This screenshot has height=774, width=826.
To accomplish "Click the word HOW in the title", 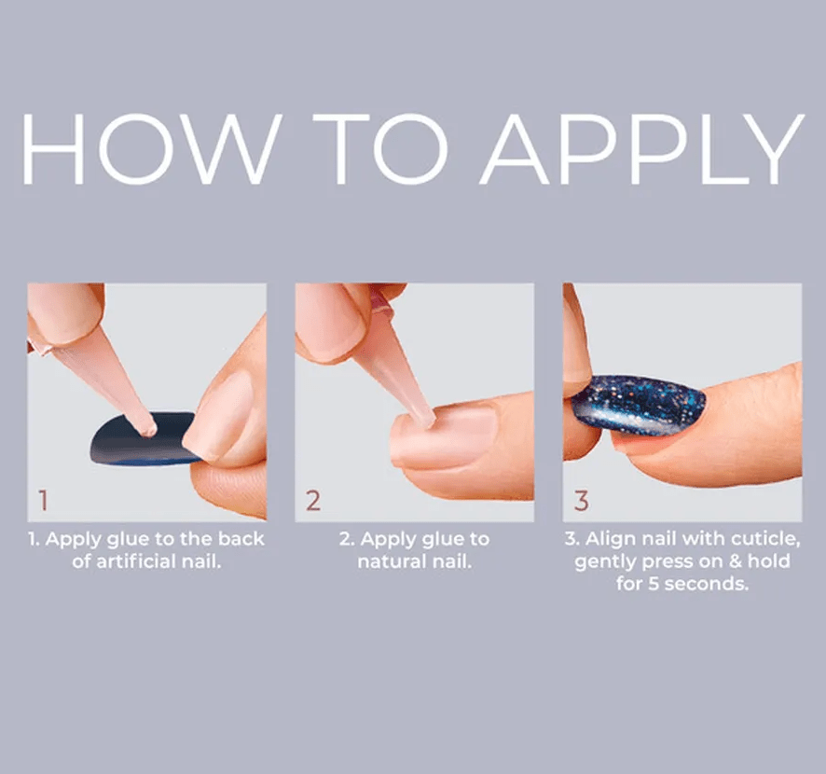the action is click(x=148, y=149).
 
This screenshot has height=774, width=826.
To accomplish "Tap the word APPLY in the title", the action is click(x=641, y=149).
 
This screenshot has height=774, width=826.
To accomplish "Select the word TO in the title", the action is click(x=379, y=149).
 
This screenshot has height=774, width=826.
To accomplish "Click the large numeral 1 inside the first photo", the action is click(x=43, y=500).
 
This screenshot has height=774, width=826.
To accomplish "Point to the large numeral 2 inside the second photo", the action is click(x=313, y=500).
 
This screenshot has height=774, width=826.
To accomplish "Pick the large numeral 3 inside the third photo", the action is click(x=581, y=501).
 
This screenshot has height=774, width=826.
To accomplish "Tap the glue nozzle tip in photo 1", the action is click(x=149, y=428).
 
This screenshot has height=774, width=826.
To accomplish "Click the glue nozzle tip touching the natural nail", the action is click(x=427, y=420).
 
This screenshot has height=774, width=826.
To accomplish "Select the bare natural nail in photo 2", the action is click(x=444, y=437).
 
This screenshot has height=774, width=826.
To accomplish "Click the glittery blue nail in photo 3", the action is click(x=639, y=405).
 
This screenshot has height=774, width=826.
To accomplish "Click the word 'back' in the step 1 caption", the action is click(x=241, y=538).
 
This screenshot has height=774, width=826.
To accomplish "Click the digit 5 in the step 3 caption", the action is click(x=654, y=584).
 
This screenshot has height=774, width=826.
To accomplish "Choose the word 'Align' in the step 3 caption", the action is click(x=604, y=539).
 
